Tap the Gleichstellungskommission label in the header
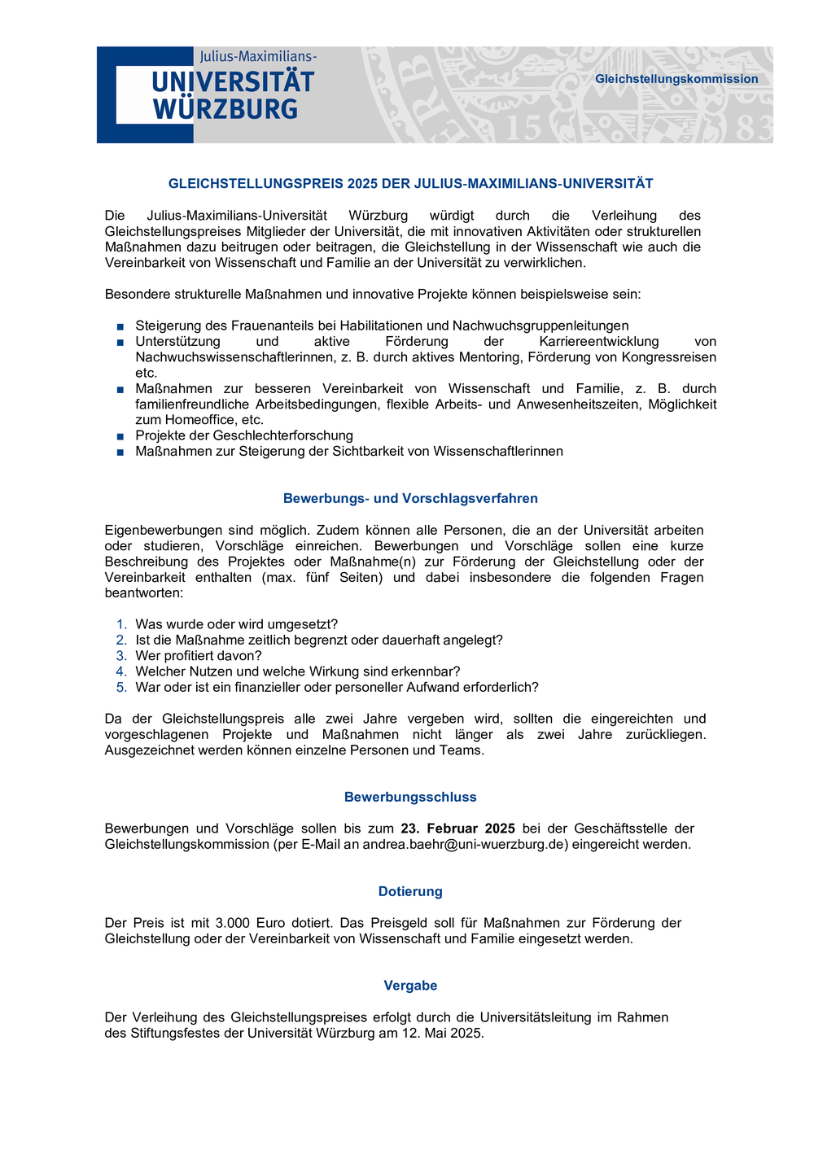676,79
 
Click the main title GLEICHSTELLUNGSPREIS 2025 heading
410,184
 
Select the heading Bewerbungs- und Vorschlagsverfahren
410,498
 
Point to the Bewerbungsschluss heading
410,797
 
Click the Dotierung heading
410,891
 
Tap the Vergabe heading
410,986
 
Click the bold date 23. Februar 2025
457,829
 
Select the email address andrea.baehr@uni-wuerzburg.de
464,844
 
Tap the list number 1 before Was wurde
122,624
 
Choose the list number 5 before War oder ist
122,687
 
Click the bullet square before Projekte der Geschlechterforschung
120,436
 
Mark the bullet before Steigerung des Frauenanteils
120,326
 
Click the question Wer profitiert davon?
199,656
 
